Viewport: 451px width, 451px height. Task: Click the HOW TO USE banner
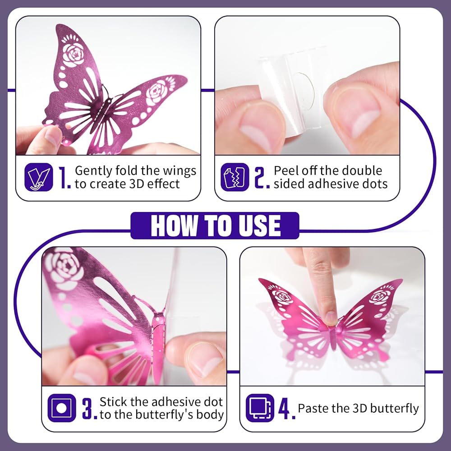(x=215, y=225)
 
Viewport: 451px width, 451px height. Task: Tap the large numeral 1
(x=64, y=177)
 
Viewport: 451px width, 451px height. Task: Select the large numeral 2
(x=262, y=177)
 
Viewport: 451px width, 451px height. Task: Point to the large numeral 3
(x=89, y=409)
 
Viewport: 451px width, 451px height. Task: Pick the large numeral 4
(x=286, y=409)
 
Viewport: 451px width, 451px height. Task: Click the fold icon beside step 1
(x=38, y=177)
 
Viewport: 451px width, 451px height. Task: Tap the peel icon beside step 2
(x=235, y=177)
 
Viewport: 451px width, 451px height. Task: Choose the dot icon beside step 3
(x=61, y=408)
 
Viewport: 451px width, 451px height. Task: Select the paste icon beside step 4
(x=260, y=408)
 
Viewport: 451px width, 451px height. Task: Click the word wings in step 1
(x=179, y=171)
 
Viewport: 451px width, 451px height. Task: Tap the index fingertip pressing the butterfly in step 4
(x=331, y=318)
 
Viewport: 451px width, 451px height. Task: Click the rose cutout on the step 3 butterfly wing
(x=64, y=268)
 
